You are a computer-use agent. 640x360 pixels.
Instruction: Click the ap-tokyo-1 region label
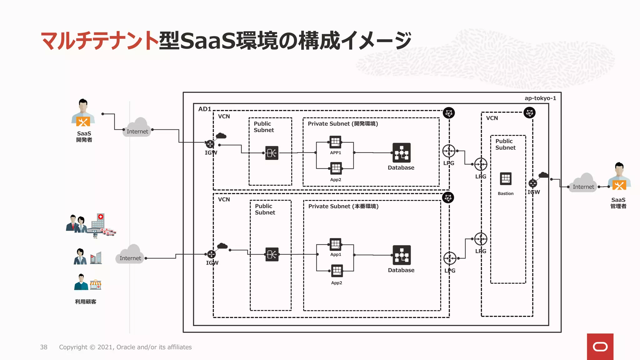(540, 98)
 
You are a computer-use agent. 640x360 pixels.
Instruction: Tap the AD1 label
(205, 109)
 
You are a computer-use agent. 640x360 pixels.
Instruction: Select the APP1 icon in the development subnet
(335, 142)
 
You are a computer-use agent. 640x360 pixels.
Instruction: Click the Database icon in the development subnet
(401, 152)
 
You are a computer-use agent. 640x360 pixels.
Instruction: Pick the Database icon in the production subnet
(402, 255)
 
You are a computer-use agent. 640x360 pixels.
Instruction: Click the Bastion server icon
(506, 179)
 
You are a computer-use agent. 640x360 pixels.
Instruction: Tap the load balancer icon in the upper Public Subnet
(272, 153)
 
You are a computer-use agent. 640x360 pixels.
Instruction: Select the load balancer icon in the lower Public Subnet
(272, 254)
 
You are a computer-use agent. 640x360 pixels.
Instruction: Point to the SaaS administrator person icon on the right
(619, 177)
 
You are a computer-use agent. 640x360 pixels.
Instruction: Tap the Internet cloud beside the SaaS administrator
(583, 183)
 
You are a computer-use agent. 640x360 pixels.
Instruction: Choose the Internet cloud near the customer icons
(130, 254)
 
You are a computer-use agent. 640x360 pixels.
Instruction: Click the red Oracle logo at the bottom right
(600, 347)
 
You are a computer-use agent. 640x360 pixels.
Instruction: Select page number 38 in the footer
(44, 347)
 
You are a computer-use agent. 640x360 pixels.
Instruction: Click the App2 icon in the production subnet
(337, 271)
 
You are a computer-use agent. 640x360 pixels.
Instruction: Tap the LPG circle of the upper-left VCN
(449, 151)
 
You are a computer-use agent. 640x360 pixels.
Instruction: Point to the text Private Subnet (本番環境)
(343, 206)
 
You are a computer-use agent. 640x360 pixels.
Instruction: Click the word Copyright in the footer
(73, 347)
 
